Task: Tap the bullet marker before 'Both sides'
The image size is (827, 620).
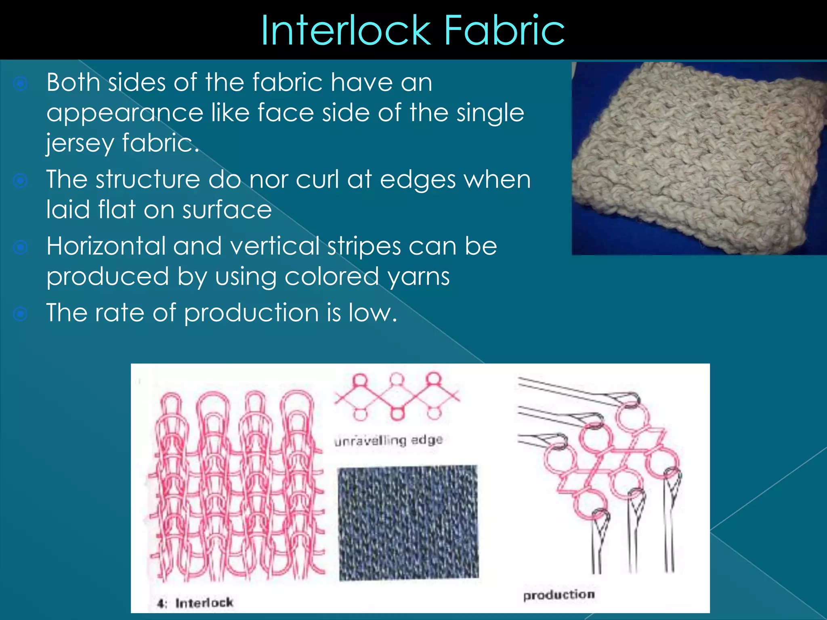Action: point(20,84)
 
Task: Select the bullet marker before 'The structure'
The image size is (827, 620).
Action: point(20,180)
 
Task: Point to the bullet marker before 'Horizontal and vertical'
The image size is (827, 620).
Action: point(20,247)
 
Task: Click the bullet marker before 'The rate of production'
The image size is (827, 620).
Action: point(20,314)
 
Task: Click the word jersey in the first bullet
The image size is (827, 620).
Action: point(80,143)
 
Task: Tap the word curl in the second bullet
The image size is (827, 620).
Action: point(317,179)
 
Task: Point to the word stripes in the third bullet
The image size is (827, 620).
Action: point(364,246)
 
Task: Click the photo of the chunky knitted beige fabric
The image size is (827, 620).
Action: point(699,158)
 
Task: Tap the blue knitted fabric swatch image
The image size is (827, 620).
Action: point(408,523)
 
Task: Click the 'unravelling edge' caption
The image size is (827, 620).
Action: point(388,440)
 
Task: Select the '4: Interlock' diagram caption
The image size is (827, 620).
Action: point(195,603)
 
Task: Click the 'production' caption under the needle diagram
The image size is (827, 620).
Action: point(559,595)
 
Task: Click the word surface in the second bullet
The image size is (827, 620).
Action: point(227,210)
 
